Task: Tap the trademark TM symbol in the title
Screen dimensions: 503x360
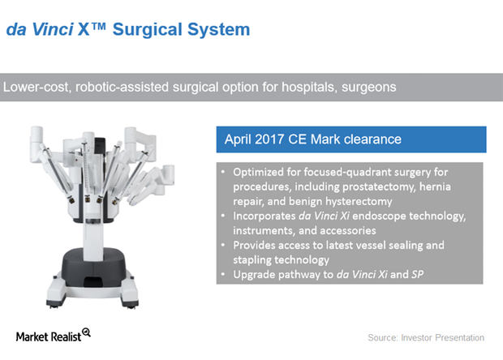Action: [x=98, y=26]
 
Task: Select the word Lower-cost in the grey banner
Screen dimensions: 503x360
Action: [x=37, y=88]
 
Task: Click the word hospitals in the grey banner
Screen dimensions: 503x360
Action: [x=308, y=88]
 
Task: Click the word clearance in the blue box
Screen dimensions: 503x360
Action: [x=372, y=139]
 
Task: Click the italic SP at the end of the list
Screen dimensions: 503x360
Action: [x=417, y=275]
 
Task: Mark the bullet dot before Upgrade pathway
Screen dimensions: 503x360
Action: [x=223, y=275]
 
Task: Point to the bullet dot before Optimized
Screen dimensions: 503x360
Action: [x=223, y=172]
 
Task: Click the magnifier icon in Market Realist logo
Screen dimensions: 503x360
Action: [x=86, y=332]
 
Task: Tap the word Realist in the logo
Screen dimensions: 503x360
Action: [x=66, y=337]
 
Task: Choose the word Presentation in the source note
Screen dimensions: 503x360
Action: [x=459, y=338]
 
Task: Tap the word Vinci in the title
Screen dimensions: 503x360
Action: [x=53, y=30]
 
